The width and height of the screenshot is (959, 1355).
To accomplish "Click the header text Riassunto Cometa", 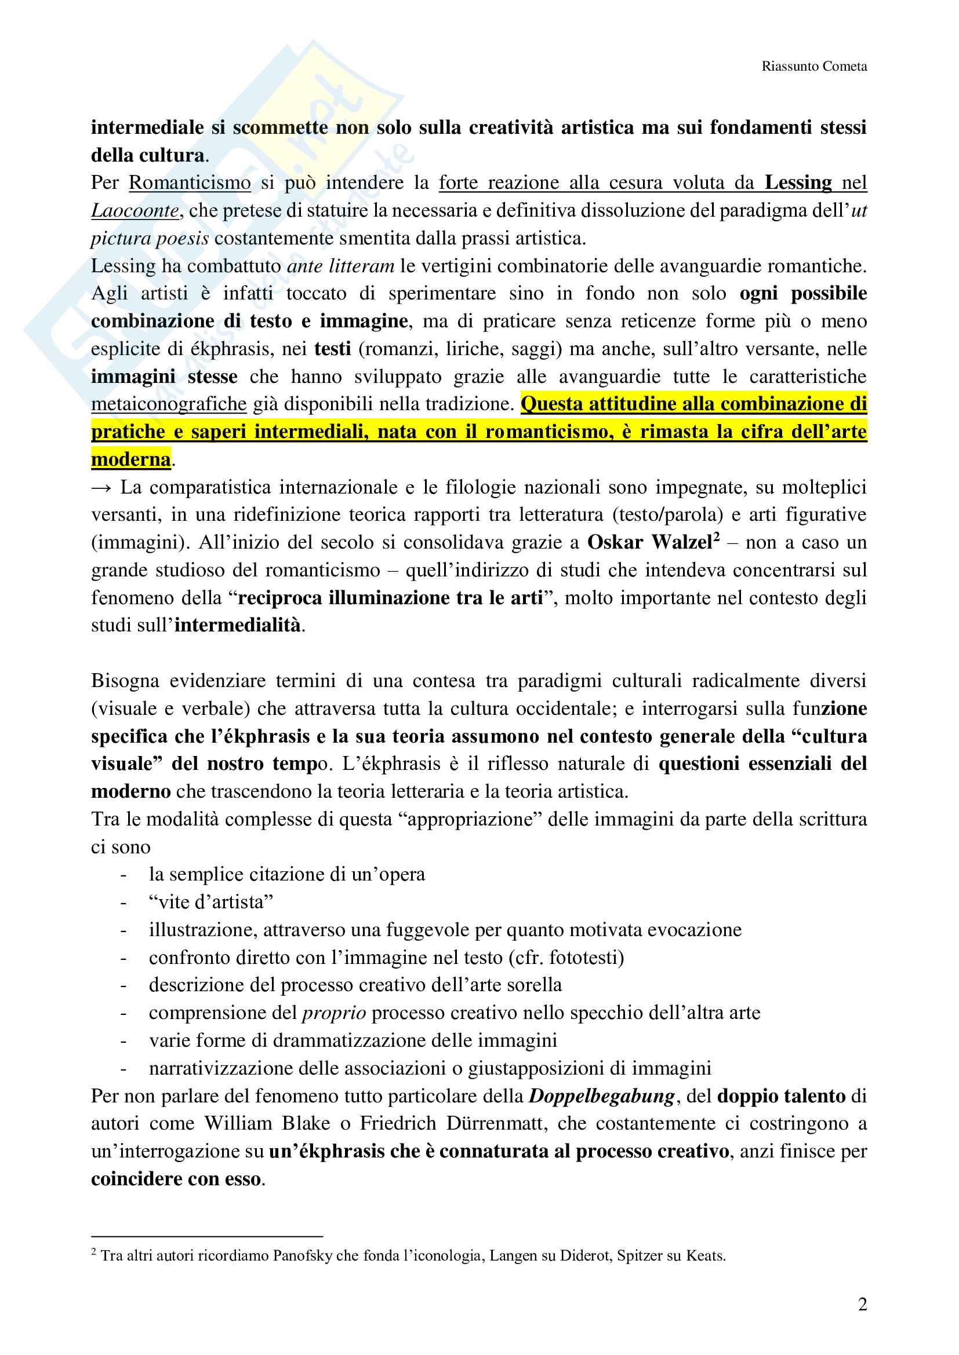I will click(x=813, y=66).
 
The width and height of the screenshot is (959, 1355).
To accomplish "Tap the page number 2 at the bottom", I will click(x=862, y=1303).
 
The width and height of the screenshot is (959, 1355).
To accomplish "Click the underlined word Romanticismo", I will click(x=190, y=183).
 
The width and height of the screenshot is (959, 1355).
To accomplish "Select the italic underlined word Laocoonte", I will click(x=135, y=211).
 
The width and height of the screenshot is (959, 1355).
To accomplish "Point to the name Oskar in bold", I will click(x=615, y=542).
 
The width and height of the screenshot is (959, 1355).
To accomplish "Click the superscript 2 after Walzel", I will click(x=716, y=537).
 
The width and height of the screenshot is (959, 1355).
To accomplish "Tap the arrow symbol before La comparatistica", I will click(x=101, y=488).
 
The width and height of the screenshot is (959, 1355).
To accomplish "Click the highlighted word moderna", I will click(x=130, y=459).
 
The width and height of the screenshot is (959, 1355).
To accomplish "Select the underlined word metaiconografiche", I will click(x=168, y=404).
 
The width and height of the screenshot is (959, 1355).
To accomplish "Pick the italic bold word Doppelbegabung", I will click(x=601, y=1097).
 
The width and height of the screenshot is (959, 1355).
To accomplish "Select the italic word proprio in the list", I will click(x=333, y=1013).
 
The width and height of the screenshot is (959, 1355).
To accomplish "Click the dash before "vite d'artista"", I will click(x=123, y=903).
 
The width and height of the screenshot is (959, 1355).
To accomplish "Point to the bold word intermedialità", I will click(x=237, y=625).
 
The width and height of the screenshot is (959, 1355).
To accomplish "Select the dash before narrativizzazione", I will click(x=123, y=1069).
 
